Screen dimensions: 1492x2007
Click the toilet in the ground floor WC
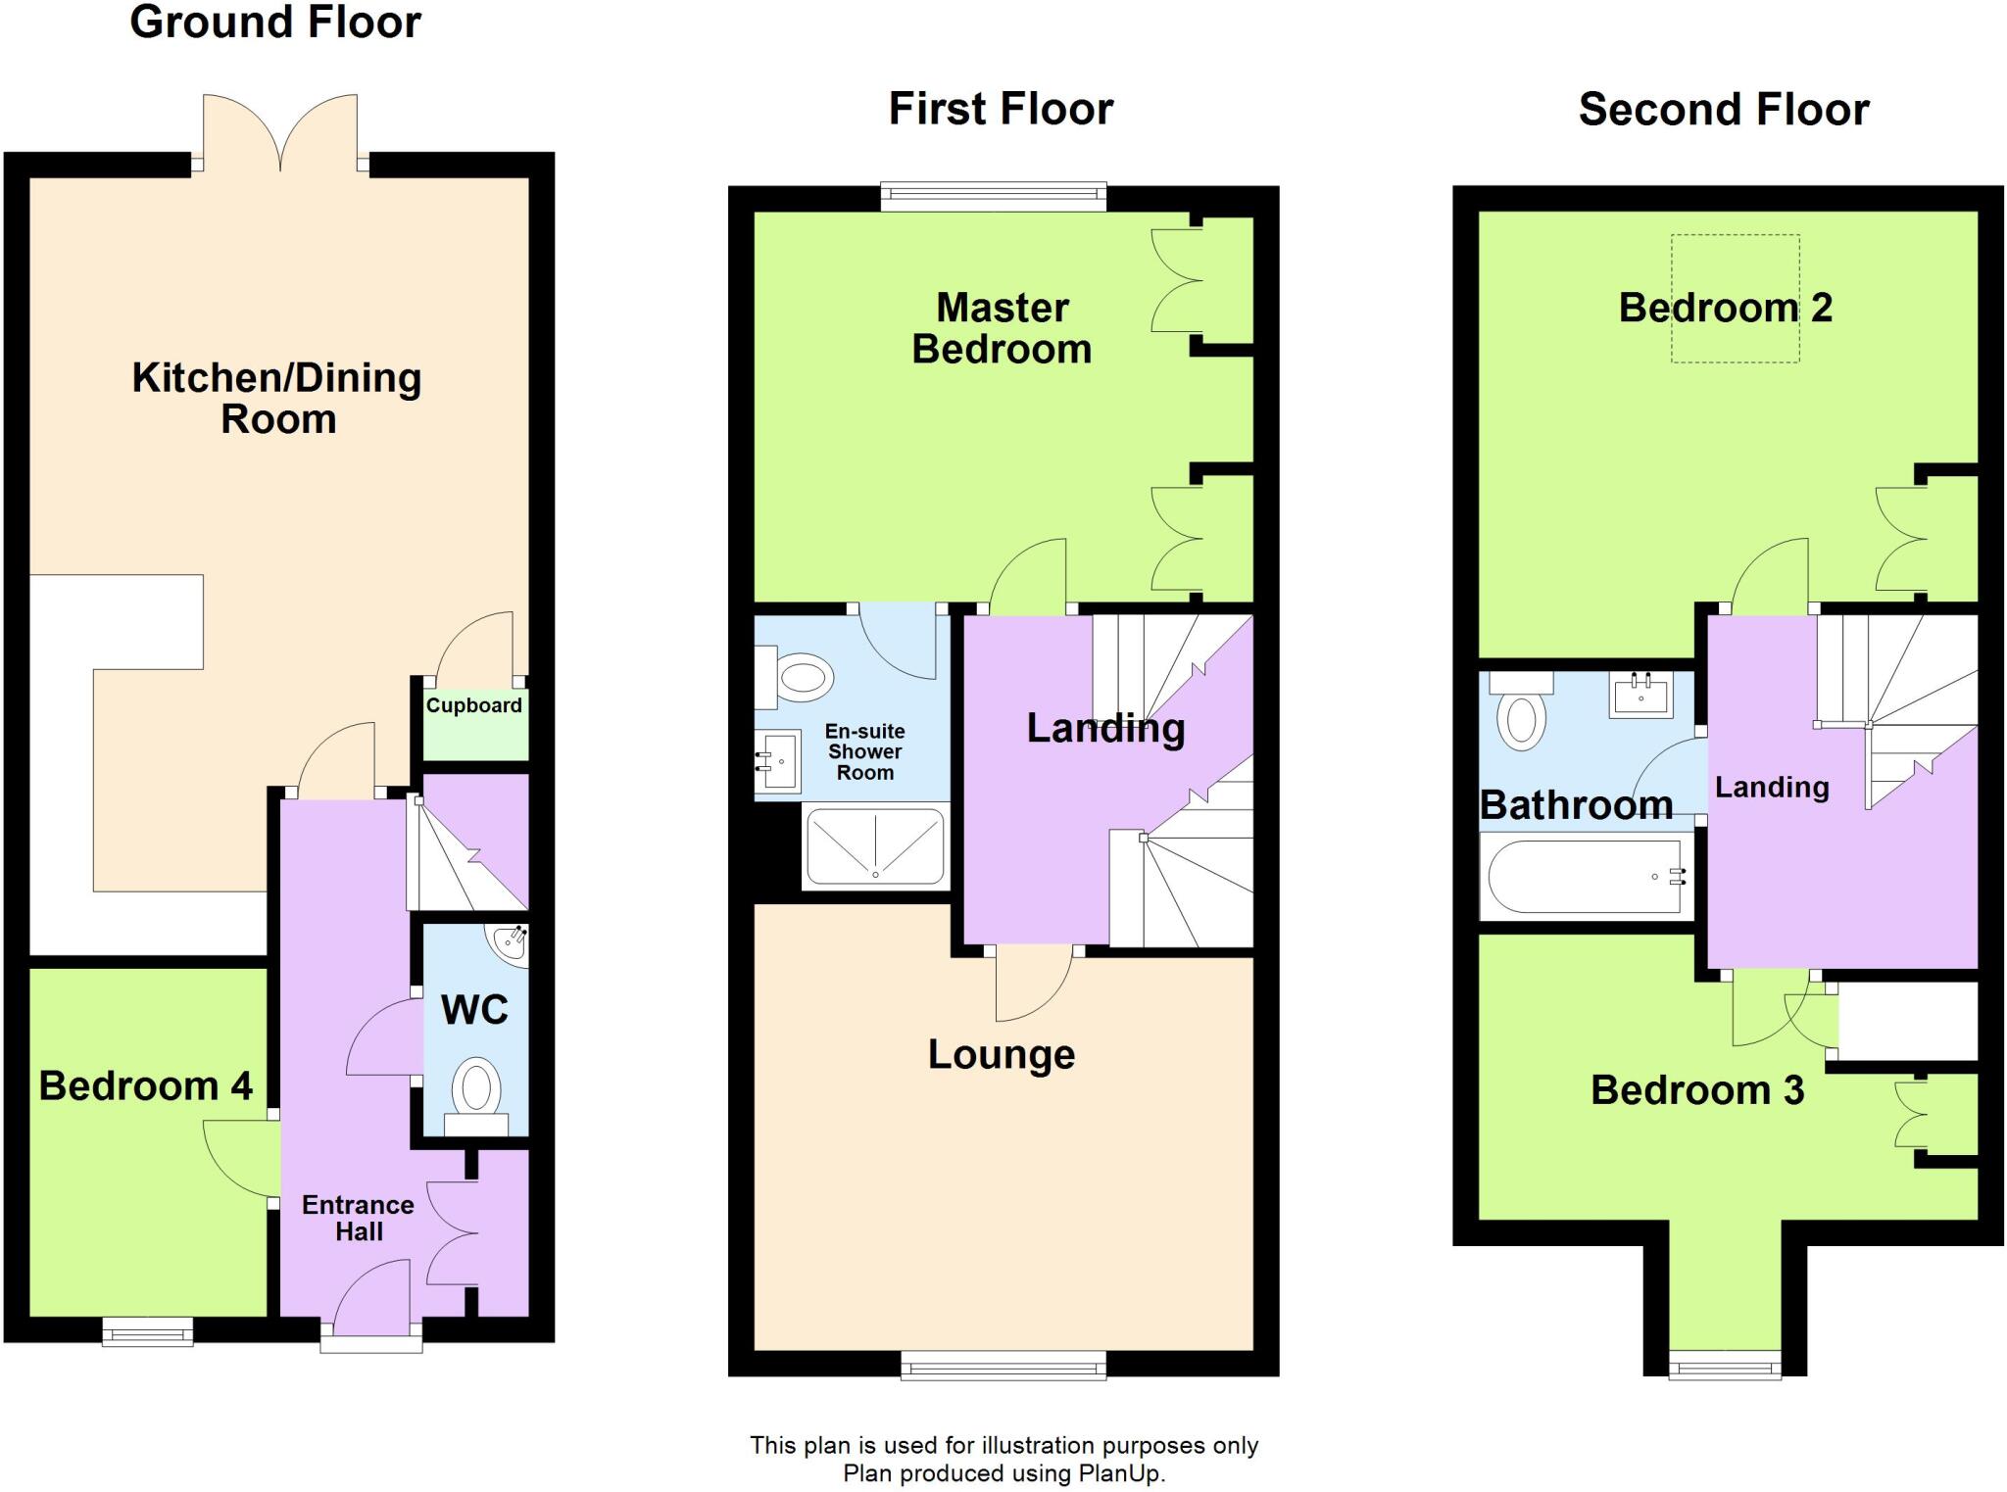(x=476, y=1092)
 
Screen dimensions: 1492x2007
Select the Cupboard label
(x=473, y=705)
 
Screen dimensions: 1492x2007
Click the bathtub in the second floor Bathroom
(x=1584, y=878)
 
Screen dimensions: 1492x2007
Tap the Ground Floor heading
(x=275, y=22)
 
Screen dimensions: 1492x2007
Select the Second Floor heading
(x=1723, y=110)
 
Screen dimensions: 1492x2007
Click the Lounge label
(x=1001, y=1054)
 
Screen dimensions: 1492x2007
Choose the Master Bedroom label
(x=1002, y=328)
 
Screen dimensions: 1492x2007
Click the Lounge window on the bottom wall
(x=1003, y=1365)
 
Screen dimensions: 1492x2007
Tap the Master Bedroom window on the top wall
(x=993, y=196)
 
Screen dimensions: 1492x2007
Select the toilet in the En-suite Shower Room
(x=799, y=677)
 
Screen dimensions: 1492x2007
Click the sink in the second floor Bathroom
(x=1640, y=696)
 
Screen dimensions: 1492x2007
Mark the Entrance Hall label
(x=358, y=1218)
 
